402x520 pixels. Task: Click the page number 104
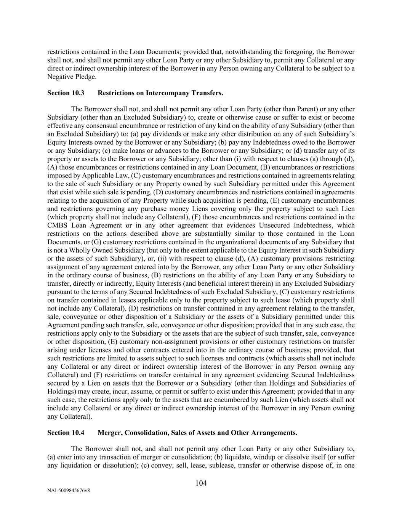201,483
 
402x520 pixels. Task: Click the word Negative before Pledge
59,77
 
